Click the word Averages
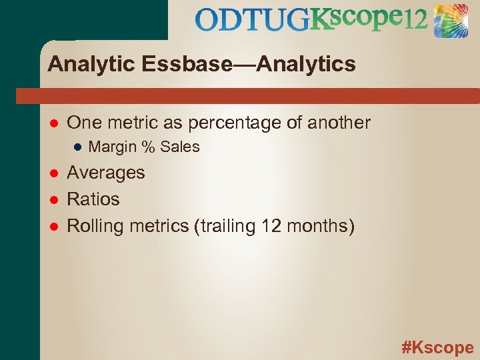106,173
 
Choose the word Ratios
93,199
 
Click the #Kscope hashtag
437,347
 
